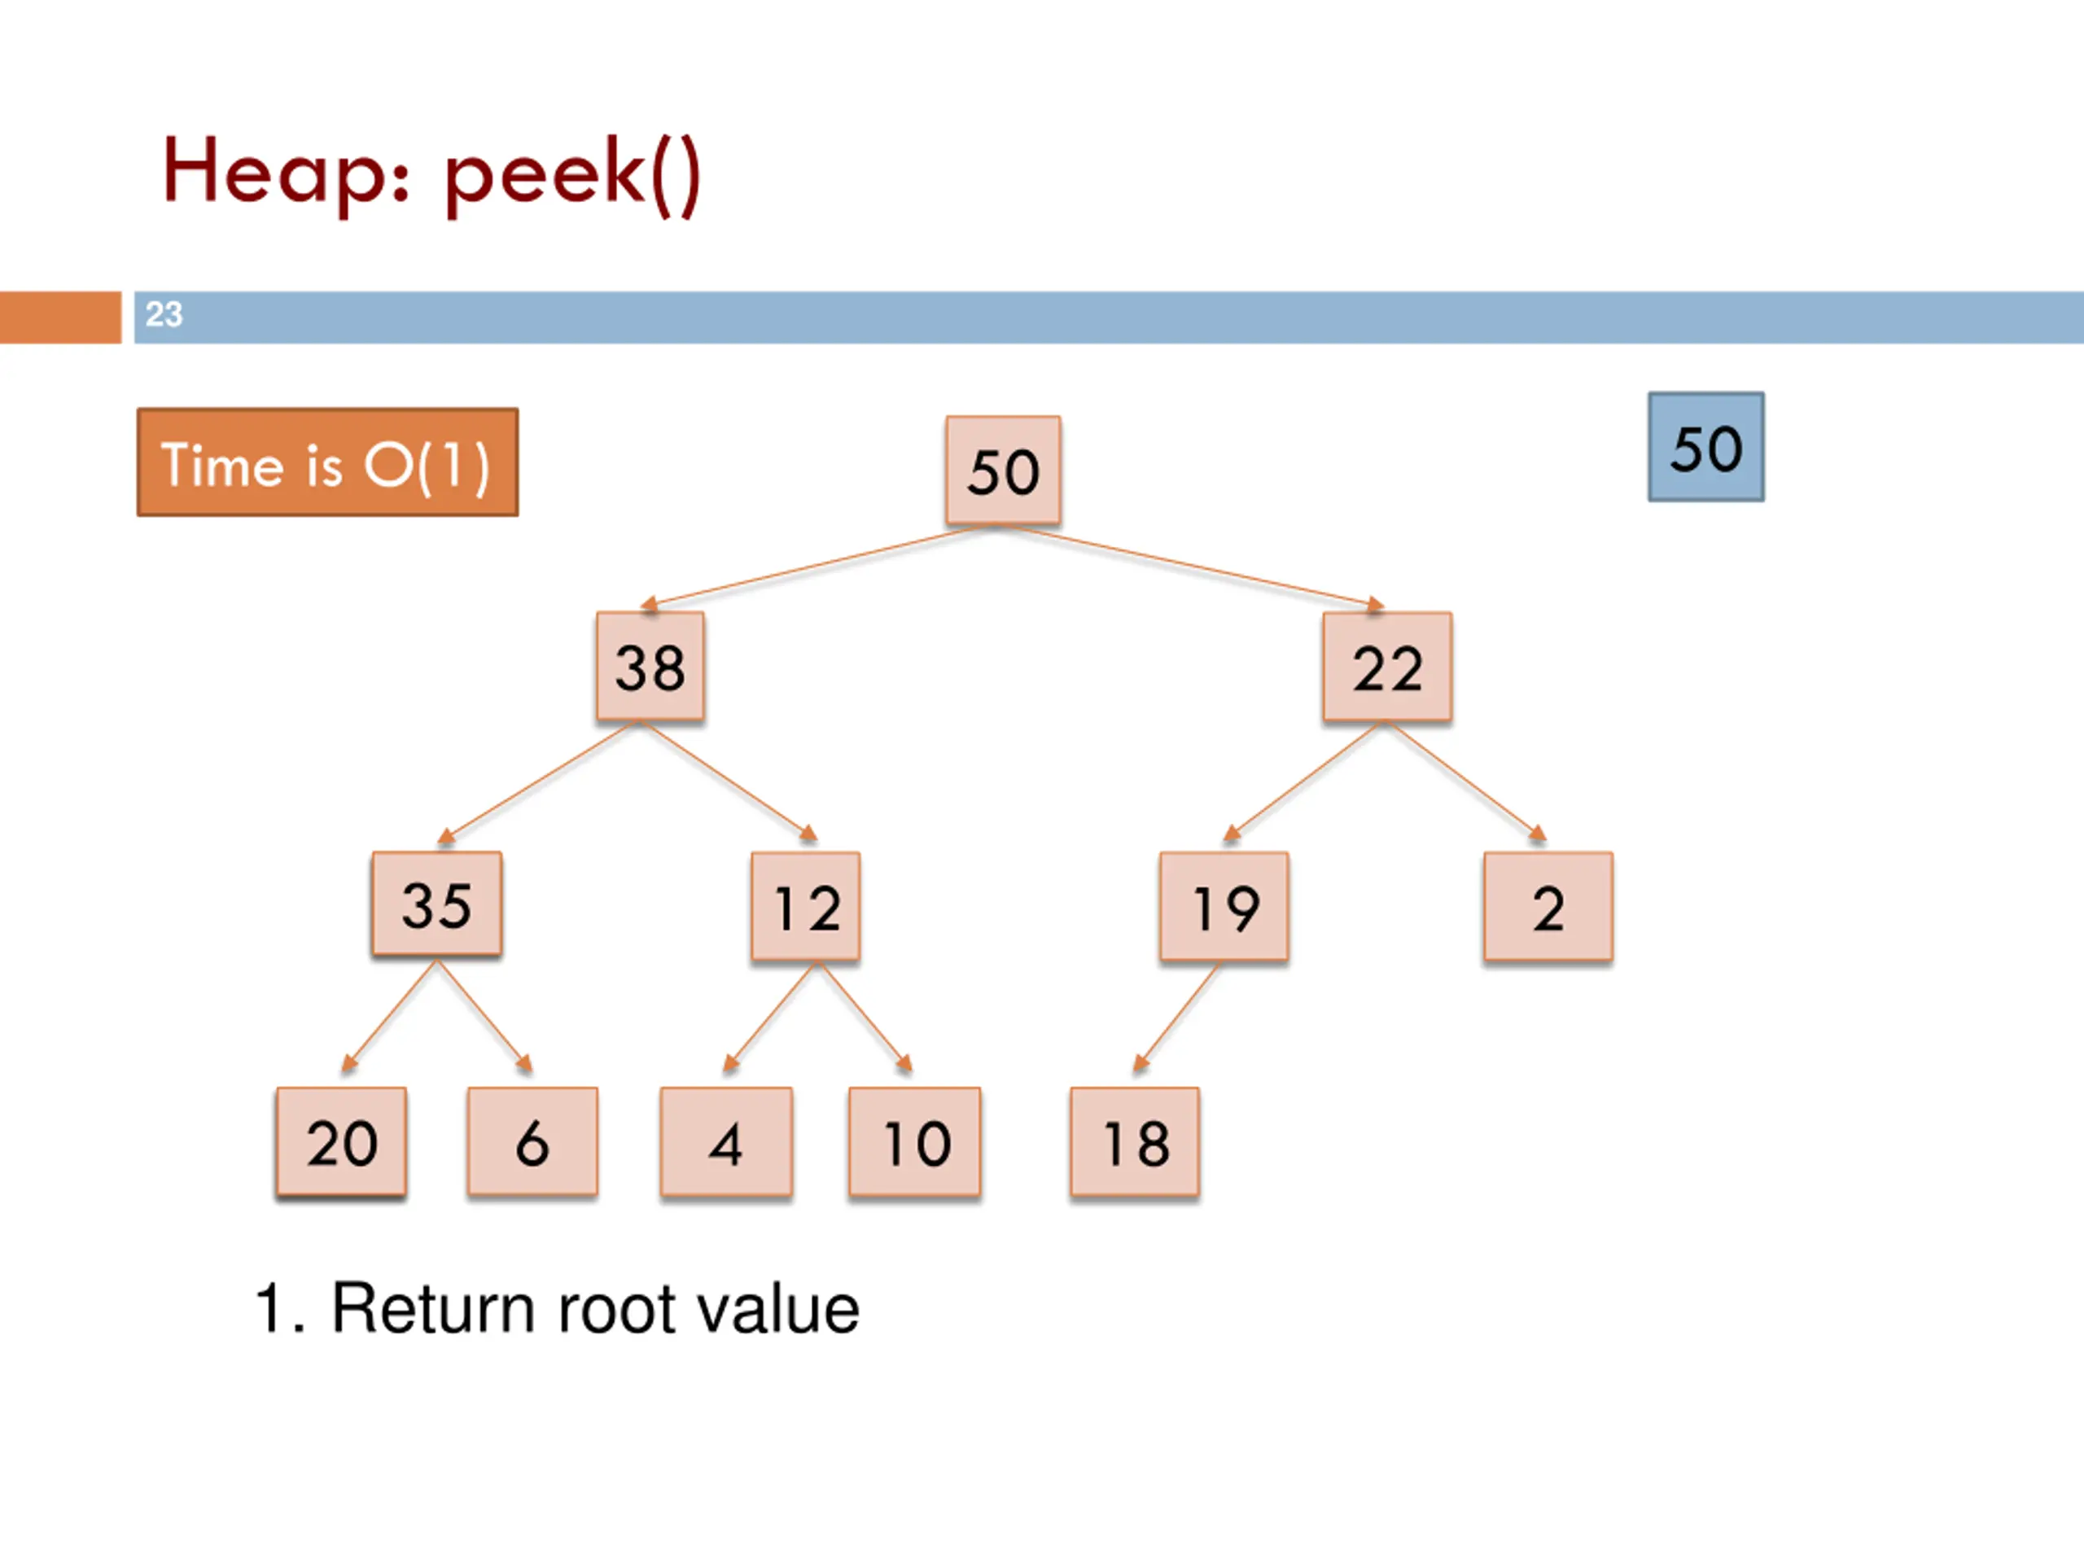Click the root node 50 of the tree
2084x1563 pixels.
pos(1004,471)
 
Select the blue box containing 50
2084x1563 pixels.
pos(1706,447)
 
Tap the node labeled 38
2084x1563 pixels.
pos(650,667)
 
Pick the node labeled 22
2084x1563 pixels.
pos(1387,667)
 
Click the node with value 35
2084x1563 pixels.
pos(437,904)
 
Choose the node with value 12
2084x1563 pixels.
pos(806,906)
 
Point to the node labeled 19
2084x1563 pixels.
pos(1224,906)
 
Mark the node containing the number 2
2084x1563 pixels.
pos(1548,906)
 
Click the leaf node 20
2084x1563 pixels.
pos(341,1142)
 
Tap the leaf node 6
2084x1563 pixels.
pos(532,1142)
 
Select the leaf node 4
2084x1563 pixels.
pos(726,1142)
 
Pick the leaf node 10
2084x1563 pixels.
pos(915,1142)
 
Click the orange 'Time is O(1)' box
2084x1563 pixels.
pos(328,462)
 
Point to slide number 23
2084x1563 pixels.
pos(164,313)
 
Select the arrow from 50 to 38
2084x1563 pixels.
pos(815,567)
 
